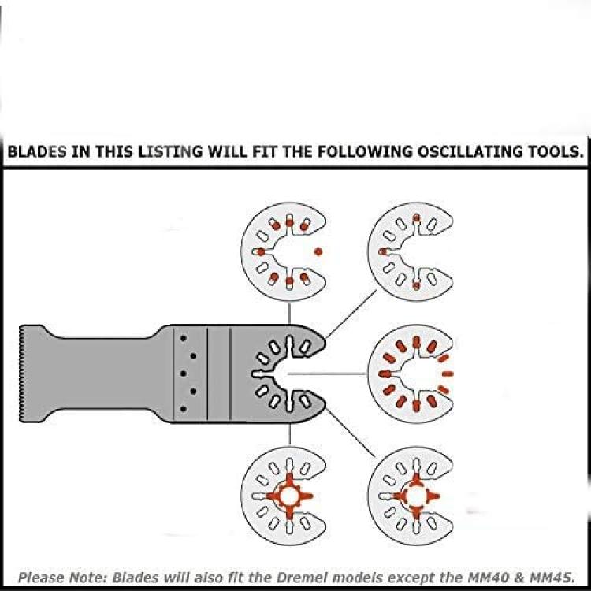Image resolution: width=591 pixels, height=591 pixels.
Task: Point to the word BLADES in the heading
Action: [x=37, y=151]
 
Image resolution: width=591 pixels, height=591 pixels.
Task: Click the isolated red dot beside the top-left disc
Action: [x=318, y=251]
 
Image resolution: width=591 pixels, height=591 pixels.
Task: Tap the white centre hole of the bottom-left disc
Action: [x=289, y=496]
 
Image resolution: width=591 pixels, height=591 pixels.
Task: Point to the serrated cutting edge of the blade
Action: [x=20, y=374]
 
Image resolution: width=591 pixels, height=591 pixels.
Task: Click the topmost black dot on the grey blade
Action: [x=183, y=339]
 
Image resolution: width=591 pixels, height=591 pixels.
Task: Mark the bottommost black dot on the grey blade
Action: [x=183, y=408]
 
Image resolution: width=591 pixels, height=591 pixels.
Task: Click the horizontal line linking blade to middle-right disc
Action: [x=326, y=374]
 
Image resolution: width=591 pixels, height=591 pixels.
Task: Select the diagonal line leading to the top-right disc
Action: [x=351, y=314]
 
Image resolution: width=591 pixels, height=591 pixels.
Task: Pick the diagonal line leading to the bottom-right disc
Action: [x=351, y=433]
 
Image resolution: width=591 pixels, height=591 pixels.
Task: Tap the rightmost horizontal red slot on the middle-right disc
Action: [x=448, y=374]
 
